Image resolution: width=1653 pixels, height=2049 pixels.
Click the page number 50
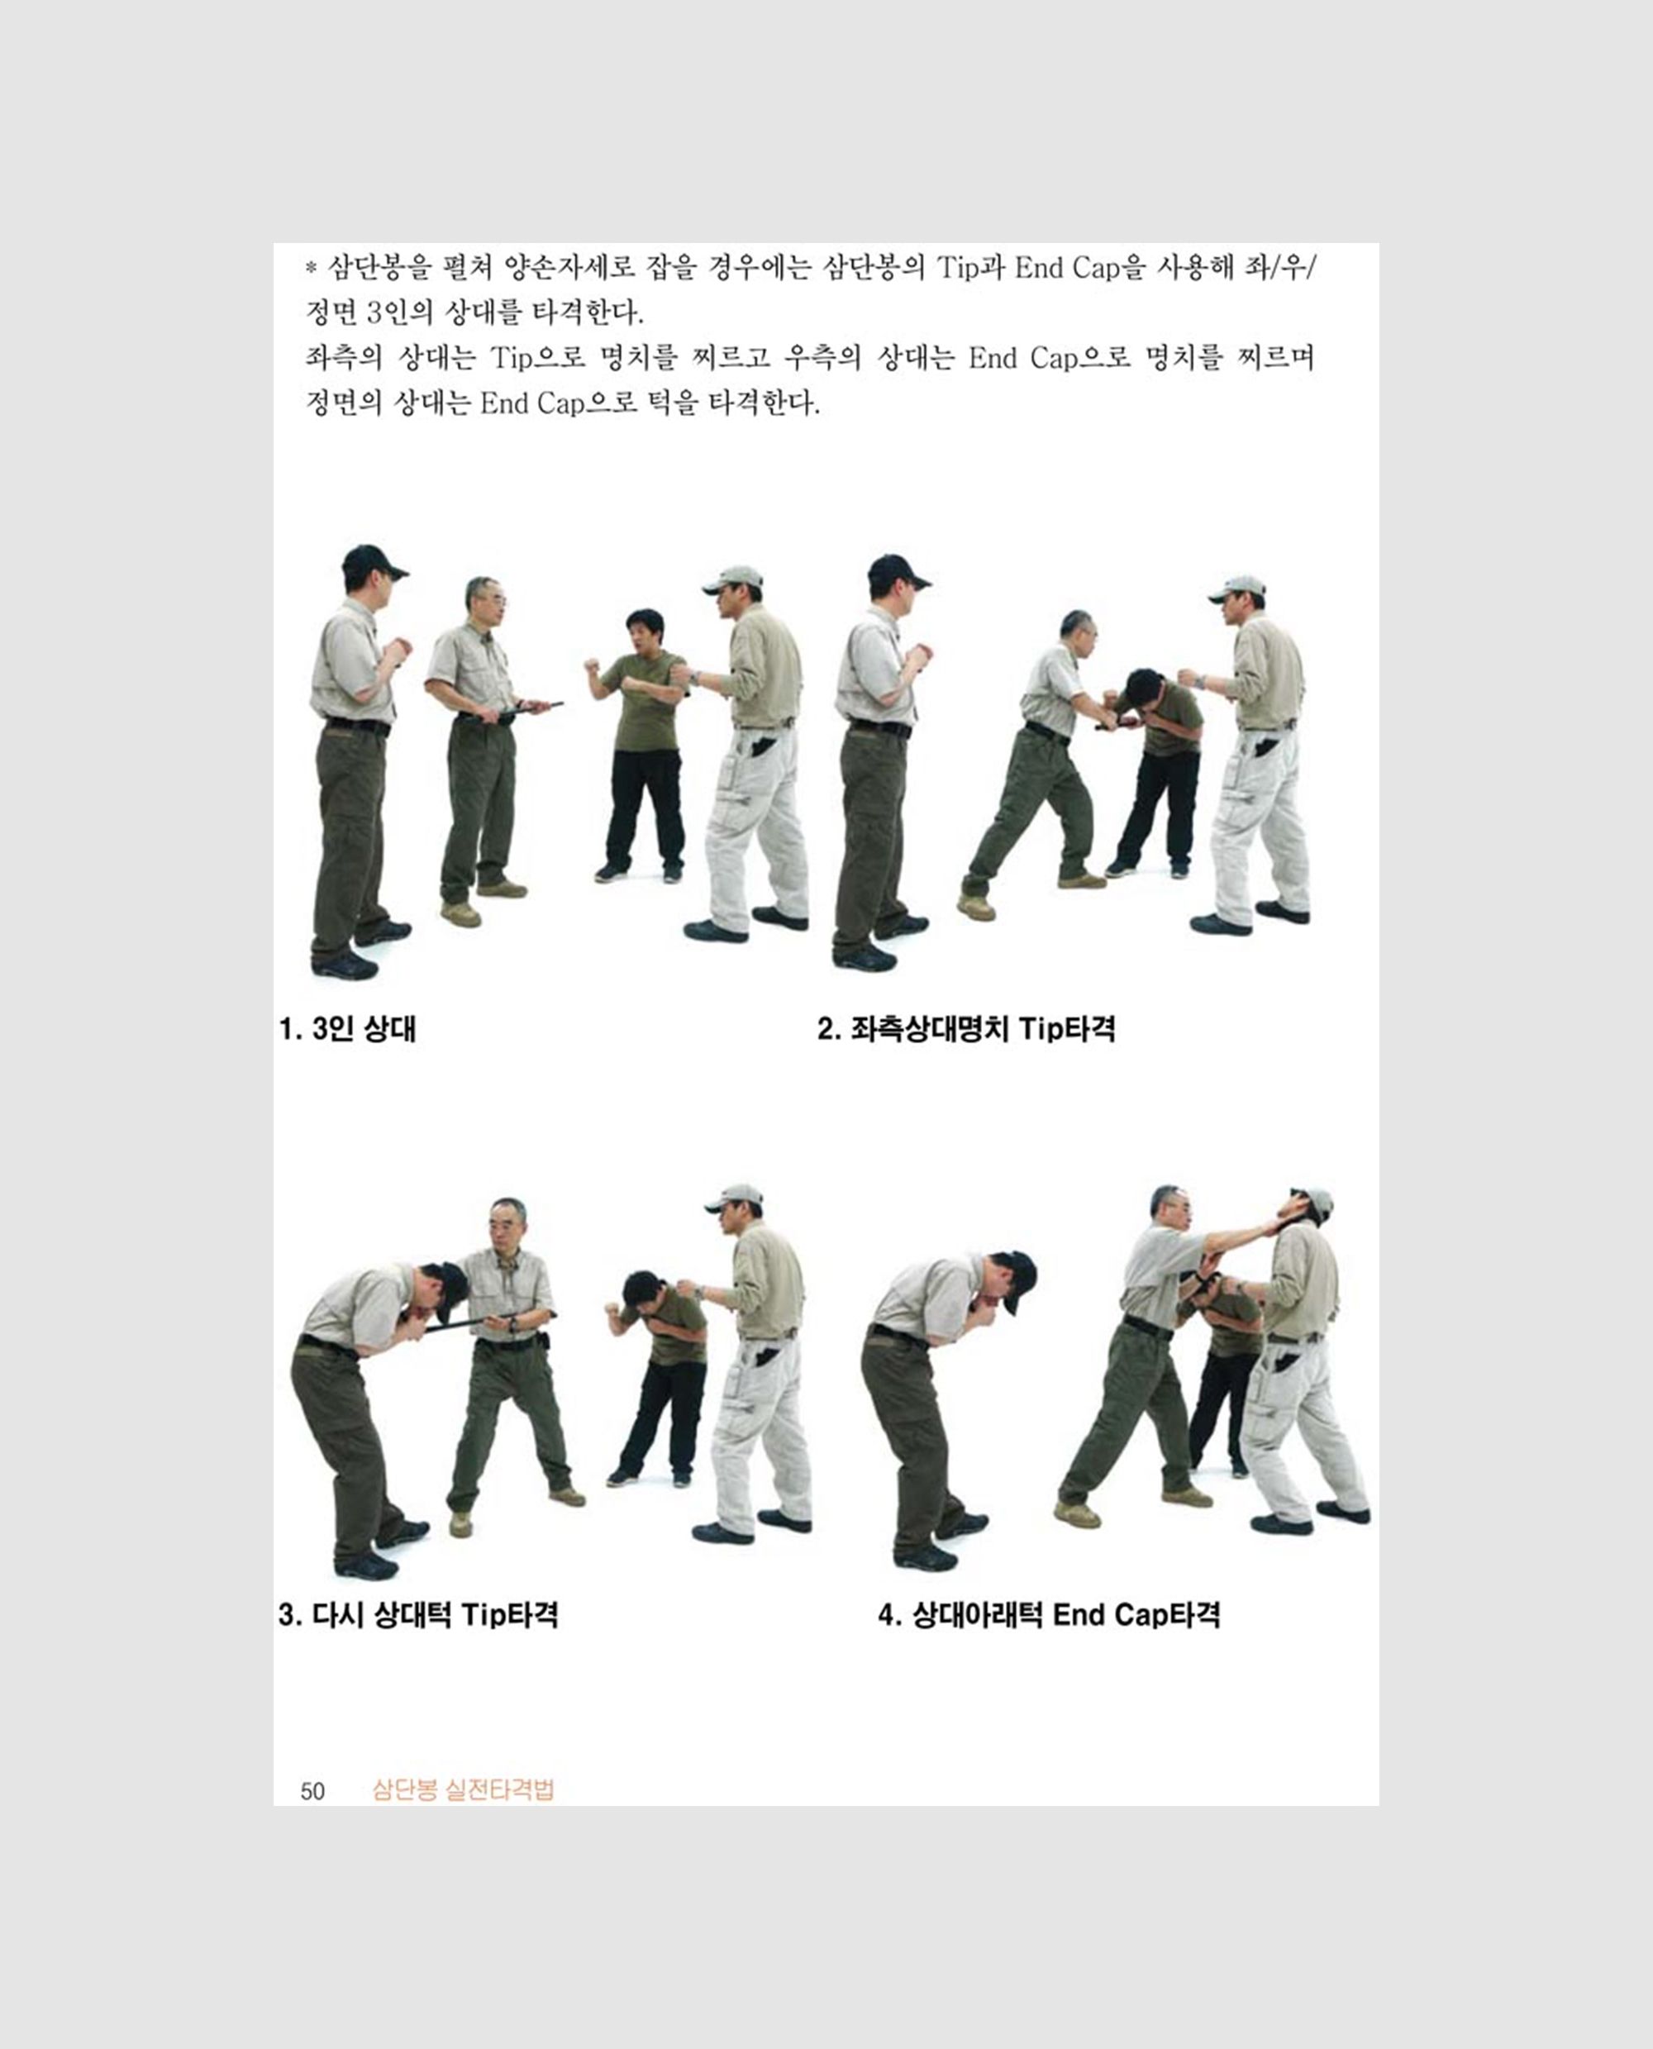pyautogui.click(x=312, y=1791)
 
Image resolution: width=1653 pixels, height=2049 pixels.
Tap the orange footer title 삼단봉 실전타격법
pyautogui.click(x=463, y=1789)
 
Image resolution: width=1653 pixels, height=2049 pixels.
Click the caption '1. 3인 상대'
pyautogui.click(x=348, y=1029)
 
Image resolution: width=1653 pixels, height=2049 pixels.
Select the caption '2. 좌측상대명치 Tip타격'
pyautogui.click(x=965, y=1029)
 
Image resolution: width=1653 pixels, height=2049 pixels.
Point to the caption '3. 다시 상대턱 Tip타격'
pyautogui.click(x=418, y=1615)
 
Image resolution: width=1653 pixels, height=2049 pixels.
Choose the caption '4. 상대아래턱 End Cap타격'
pyautogui.click(x=1048, y=1615)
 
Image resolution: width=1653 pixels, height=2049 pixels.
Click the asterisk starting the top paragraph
pyautogui.click(x=311, y=269)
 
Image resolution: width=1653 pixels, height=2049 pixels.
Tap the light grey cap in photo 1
pyautogui.click(x=733, y=580)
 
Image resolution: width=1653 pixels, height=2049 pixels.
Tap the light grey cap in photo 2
pyautogui.click(x=1238, y=589)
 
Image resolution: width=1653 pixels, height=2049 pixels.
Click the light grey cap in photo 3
pyautogui.click(x=734, y=1198)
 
